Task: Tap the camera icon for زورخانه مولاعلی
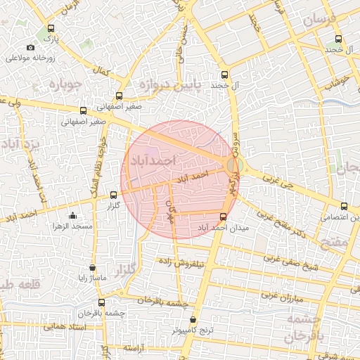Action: pos(30,48)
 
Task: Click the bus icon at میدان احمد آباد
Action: pos(224,217)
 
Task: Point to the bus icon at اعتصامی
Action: pos(343,206)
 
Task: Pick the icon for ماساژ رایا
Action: pos(92,267)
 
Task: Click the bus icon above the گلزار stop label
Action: pos(114,195)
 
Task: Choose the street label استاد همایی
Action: pos(65,327)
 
